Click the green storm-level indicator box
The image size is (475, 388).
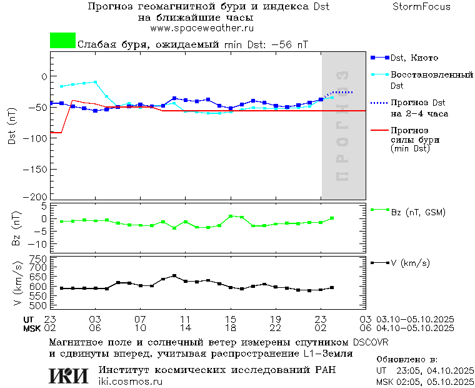pyautogui.click(x=62, y=41)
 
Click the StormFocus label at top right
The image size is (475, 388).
pyautogui.click(x=421, y=7)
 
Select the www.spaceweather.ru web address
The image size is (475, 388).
pyautogui.click(x=202, y=29)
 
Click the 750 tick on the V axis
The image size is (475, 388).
pyautogui.click(x=39, y=258)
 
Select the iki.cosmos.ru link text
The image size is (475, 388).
pyautogui.click(x=130, y=382)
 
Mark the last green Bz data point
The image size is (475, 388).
pyautogui.click(x=332, y=218)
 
